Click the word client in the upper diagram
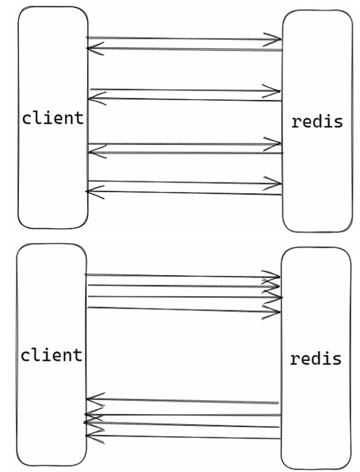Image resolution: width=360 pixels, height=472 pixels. (x=52, y=118)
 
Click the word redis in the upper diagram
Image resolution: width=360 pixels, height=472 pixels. (x=317, y=122)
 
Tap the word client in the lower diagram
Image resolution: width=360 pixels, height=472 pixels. (x=51, y=355)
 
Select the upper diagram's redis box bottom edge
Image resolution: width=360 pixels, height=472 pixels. (x=317, y=232)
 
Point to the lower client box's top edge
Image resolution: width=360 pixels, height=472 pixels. (x=51, y=244)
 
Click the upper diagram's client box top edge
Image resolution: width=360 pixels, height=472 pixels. (x=52, y=7)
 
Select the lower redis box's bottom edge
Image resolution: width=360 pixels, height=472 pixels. (x=316, y=468)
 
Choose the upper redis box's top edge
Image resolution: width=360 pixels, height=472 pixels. (x=317, y=10)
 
